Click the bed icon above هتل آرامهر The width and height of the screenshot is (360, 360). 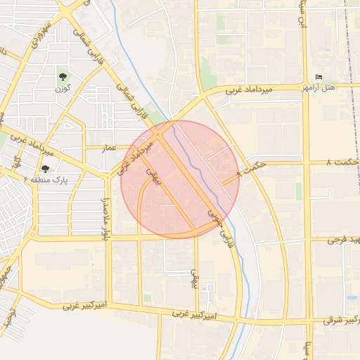point(320,77)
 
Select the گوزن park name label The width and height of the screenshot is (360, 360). point(64,89)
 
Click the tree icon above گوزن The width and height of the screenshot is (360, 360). point(63,77)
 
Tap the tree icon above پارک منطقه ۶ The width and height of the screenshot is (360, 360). point(46,169)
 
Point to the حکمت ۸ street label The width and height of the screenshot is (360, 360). point(342,162)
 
